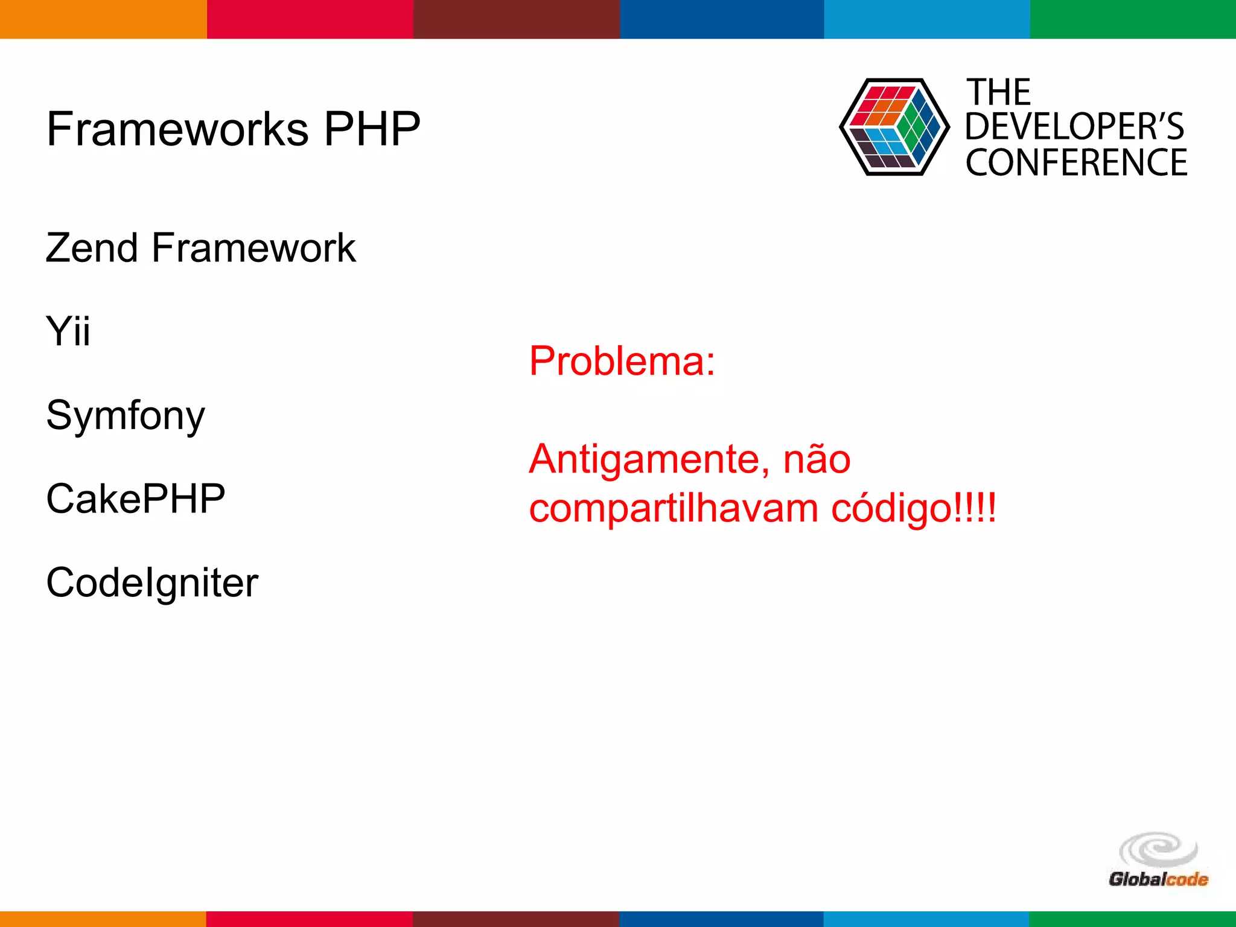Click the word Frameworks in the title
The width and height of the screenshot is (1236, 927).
pos(178,129)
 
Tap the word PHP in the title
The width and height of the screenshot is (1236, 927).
pos(372,129)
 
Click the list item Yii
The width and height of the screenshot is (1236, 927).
pos(68,331)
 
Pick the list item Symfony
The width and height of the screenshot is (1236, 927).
pos(126,416)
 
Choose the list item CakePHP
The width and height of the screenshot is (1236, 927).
pos(136,499)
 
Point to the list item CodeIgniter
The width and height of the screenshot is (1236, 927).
pos(152,583)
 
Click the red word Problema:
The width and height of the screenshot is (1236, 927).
pos(622,361)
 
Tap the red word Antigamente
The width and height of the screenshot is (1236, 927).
pos(649,460)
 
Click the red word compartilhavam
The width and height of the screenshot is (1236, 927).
pos(673,509)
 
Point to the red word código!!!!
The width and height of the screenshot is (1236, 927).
pos(914,509)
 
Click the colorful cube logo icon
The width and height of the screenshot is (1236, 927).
pos(894,127)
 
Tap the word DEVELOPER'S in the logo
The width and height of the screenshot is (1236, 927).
pos(1074,127)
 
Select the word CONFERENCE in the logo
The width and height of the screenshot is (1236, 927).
pos(1076,163)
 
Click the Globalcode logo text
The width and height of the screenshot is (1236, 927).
pos(1158,879)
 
